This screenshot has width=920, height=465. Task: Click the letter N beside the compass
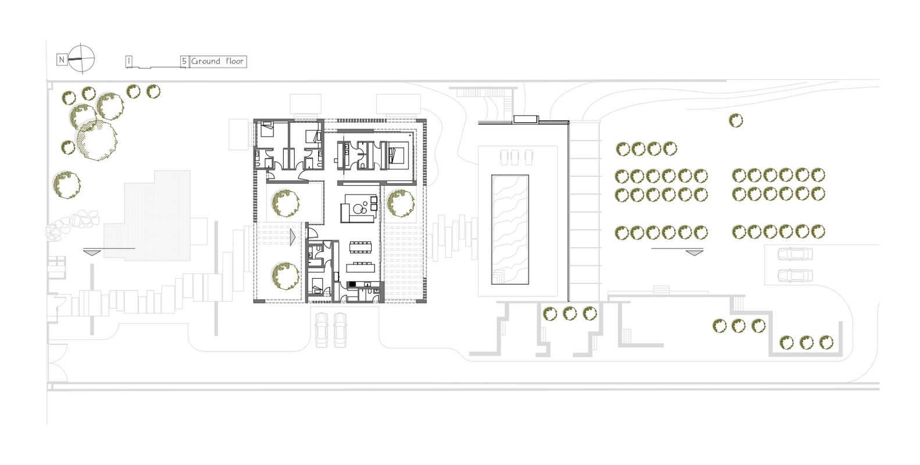click(62, 59)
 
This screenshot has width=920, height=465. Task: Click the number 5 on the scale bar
click(184, 61)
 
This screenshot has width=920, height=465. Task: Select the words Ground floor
click(217, 61)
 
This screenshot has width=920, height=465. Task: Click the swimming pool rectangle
click(509, 229)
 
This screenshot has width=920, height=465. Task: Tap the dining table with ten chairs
click(360, 247)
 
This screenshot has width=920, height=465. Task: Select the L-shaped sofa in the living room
click(358, 208)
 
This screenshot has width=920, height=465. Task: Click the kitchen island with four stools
click(361, 267)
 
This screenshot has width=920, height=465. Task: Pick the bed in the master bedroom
click(397, 155)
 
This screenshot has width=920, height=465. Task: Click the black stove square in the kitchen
click(352, 284)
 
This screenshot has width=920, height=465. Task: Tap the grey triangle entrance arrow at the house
click(293, 237)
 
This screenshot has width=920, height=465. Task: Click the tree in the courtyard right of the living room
click(401, 203)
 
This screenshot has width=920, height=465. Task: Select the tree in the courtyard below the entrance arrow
click(286, 276)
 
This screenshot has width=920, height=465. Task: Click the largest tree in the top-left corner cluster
click(97, 140)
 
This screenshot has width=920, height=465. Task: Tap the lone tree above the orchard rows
click(736, 120)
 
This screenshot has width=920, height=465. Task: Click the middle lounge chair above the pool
click(515, 158)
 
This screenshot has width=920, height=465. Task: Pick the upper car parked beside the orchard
click(795, 254)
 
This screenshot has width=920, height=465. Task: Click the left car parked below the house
click(322, 330)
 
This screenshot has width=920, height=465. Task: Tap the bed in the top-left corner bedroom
click(268, 129)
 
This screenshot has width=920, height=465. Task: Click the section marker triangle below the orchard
click(694, 253)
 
